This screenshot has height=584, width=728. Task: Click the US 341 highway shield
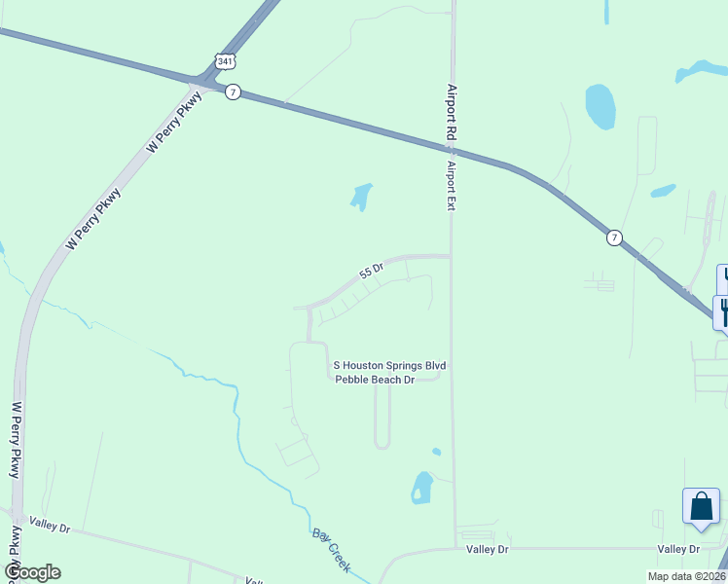226,60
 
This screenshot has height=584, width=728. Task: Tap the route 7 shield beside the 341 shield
233,91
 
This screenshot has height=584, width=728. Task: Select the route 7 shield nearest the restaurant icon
613,237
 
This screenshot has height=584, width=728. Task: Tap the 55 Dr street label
373,270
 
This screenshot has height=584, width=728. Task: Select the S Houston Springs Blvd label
389,366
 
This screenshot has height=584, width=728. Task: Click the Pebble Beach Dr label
376,380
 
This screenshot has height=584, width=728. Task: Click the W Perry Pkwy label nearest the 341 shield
174,121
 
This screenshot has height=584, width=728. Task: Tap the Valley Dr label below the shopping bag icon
678,550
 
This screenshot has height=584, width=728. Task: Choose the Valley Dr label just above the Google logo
50,527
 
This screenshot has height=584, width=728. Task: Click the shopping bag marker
701,507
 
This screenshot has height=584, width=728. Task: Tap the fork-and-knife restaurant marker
722,312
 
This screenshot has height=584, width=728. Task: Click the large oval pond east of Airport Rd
600,106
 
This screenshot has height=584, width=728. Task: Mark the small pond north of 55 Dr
361,197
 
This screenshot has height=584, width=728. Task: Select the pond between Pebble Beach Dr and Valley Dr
421,487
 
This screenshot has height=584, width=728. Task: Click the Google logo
32,572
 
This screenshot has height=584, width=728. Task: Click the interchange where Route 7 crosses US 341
206,78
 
